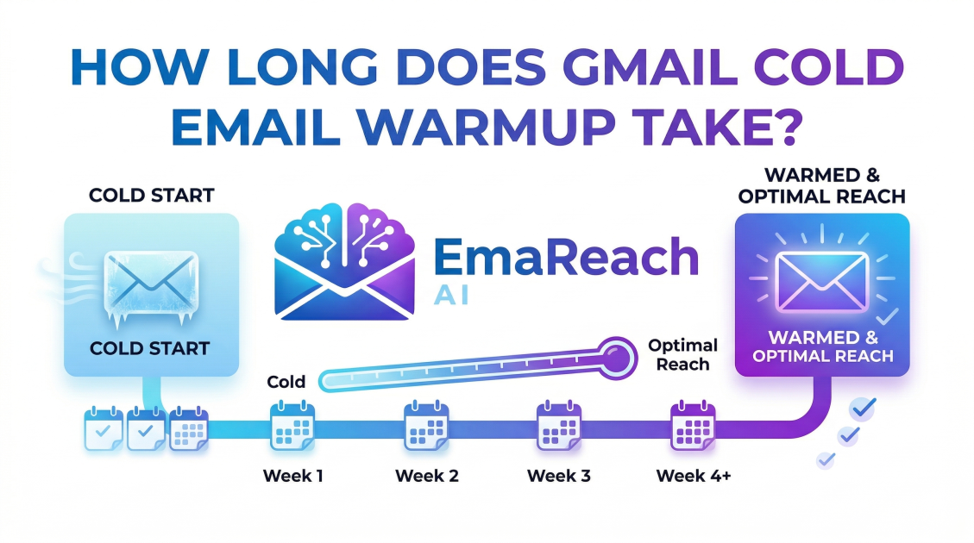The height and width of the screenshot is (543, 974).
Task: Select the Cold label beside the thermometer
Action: tap(287, 381)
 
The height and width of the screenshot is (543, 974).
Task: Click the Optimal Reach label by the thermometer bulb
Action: tap(682, 354)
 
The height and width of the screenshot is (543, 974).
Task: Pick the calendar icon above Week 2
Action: tap(425, 427)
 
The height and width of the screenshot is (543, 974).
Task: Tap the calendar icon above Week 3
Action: tap(558, 427)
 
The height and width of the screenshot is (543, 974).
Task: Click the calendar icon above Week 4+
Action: tap(693, 427)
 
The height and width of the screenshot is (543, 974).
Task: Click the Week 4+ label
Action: tap(694, 476)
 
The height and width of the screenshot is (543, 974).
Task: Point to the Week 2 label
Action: tap(427, 476)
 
